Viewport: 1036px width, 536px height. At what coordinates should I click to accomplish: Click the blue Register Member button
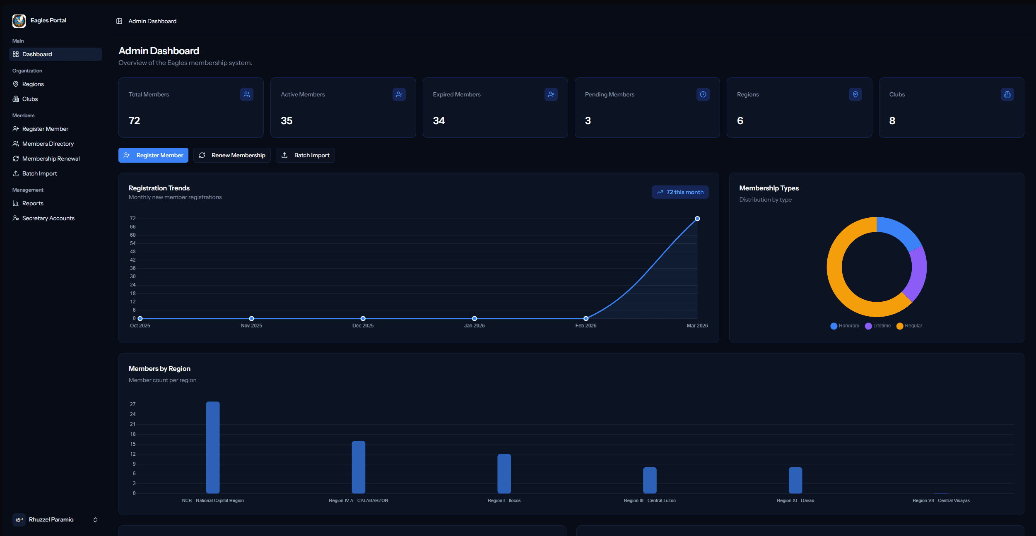click(153, 155)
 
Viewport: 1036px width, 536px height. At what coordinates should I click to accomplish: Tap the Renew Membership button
click(232, 155)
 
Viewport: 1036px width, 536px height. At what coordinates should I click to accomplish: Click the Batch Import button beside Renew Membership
click(305, 155)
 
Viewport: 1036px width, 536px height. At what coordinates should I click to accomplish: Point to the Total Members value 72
click(135, 121)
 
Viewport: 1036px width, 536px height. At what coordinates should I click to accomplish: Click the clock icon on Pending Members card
click(703, 94)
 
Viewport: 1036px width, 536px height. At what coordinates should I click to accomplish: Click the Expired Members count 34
click(439, 121)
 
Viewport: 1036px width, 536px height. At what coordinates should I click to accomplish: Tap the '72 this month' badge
click(680, 192)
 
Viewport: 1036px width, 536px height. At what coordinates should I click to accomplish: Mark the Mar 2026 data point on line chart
click(697, 219)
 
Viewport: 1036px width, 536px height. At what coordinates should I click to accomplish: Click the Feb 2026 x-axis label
click(586, 326)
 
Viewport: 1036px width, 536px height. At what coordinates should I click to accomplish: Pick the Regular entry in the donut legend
click(909, 326)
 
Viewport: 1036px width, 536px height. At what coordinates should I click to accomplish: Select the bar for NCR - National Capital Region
click(213, 447)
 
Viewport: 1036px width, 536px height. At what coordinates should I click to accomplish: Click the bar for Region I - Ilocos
click(504, 474)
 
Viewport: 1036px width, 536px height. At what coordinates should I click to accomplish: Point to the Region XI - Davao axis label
click(795, 500)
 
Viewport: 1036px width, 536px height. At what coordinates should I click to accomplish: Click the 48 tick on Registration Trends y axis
click(133, 252)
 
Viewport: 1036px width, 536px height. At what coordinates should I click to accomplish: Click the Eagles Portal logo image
click(19, 21)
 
